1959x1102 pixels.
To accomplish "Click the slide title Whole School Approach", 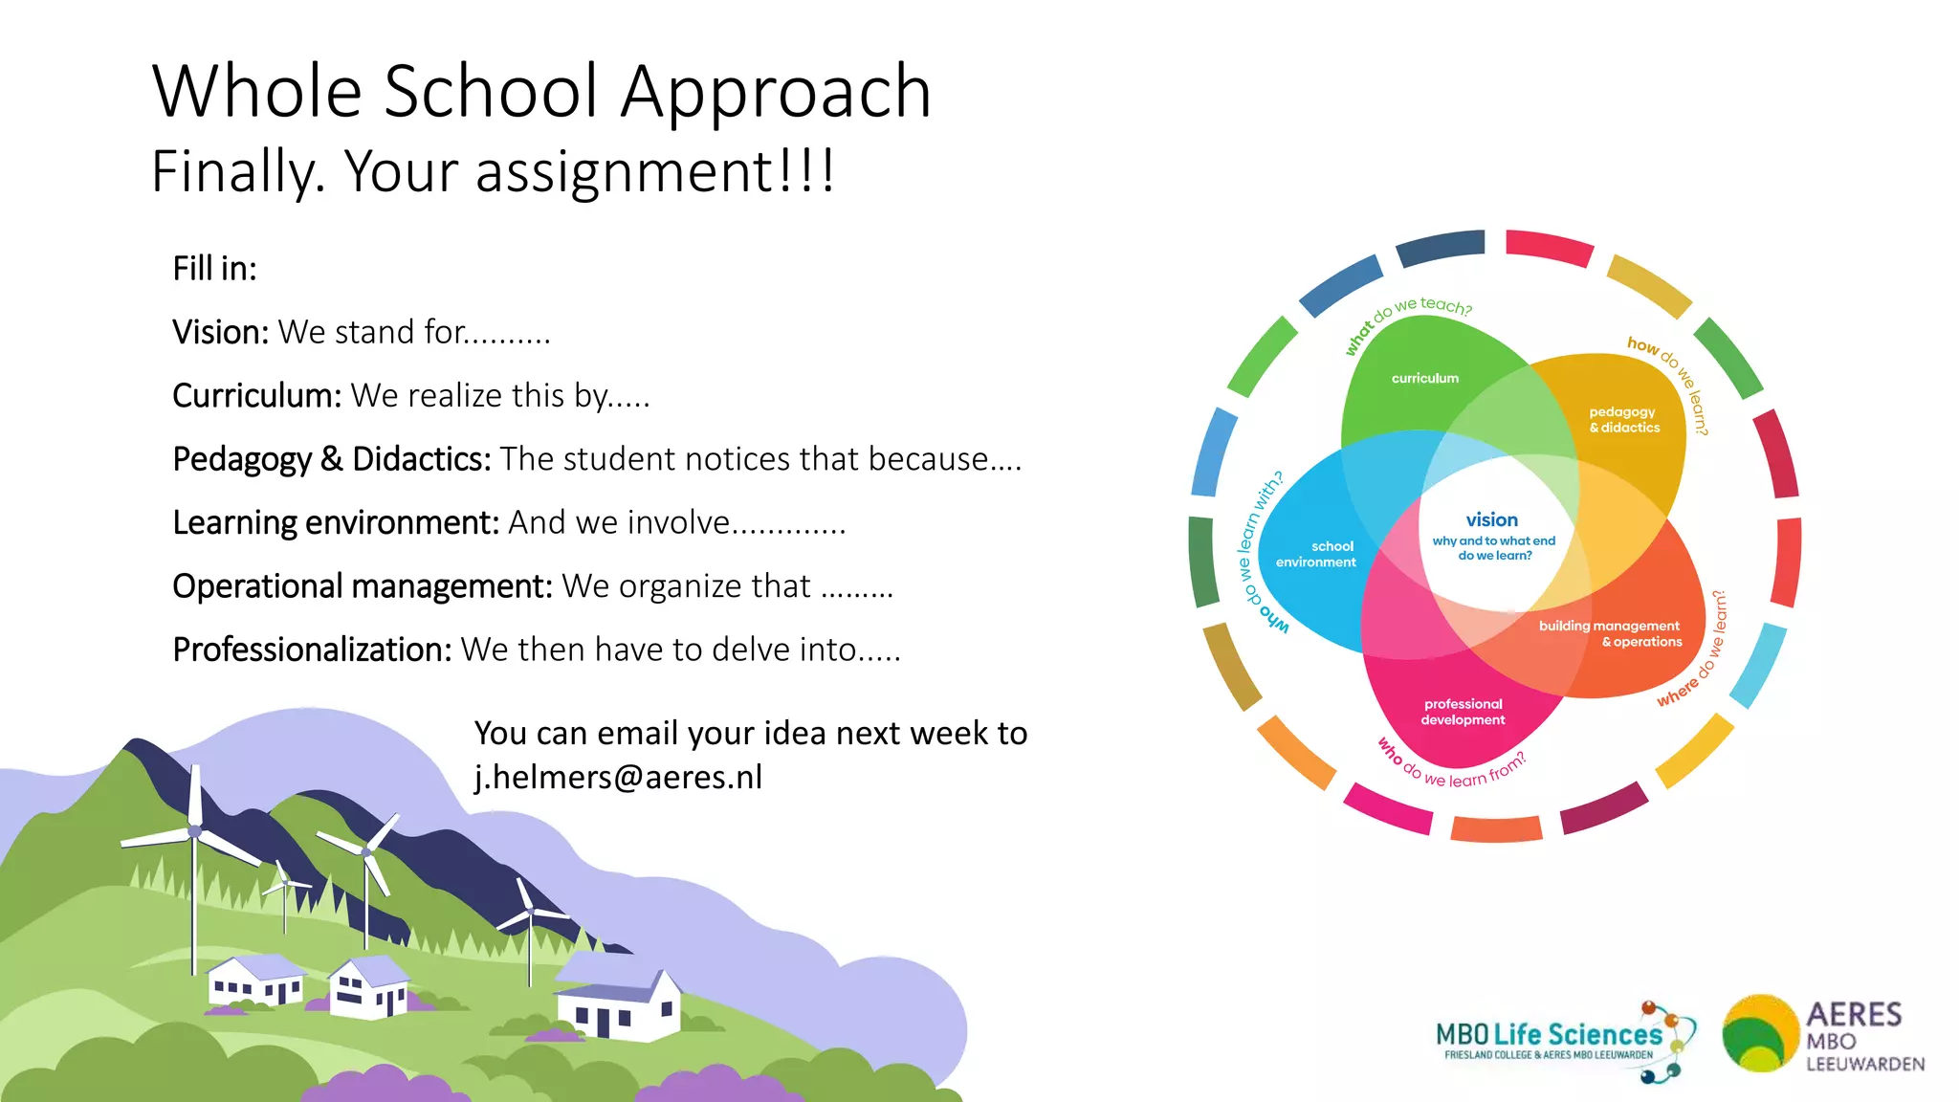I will click(x=541, y=91).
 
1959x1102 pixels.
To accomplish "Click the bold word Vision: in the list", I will click(x=221, y=332).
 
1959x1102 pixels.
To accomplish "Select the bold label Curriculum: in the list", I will click(x=256, y=395).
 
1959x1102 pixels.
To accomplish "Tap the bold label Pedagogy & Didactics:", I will click(x=331, y=459).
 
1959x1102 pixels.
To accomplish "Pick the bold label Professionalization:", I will click(x=312, y=650).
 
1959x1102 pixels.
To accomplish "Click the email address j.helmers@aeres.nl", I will click(x=618, y=777).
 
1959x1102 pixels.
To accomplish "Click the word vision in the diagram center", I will click(x=1491, y=519).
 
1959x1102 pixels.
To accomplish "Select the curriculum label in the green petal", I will click(x=1424, y=378).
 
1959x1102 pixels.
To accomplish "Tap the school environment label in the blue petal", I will click(x=1316, y=554).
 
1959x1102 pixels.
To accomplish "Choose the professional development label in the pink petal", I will click(x=1463, y=712).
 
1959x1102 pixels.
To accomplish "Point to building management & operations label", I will click(x=1609, y=633).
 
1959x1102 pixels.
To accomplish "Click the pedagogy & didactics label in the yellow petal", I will click(x=1624, y=420).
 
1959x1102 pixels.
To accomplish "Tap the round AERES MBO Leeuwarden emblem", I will click(x=1759, y=1034).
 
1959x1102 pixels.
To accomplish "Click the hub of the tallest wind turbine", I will click(x=195, y=831).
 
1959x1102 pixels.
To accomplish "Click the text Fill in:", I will click(x=214, y=269).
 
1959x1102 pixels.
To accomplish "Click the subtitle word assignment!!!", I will click(x=655, y=171).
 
